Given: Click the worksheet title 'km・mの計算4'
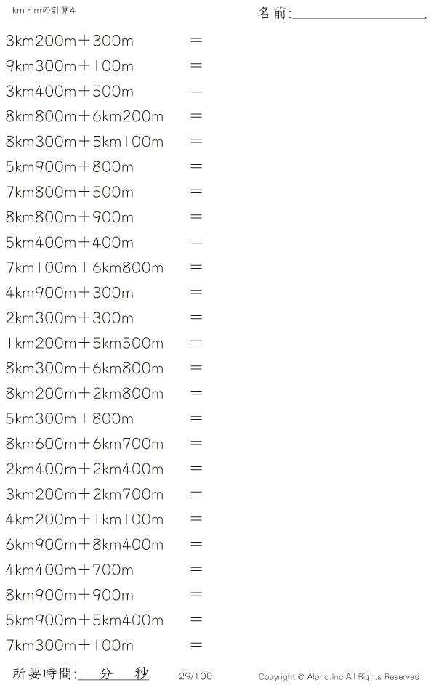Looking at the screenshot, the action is [44, 10].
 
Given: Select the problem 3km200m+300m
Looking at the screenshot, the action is [70, 41].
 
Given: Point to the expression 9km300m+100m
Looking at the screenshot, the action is [70, 66].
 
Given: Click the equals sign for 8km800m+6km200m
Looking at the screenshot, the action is [196, 116].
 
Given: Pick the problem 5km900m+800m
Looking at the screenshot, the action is [70, 167].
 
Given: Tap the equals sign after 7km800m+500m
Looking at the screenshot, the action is [196, 192].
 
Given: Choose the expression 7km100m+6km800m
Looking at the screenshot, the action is [84, 267].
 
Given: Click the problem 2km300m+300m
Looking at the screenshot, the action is [70, 318].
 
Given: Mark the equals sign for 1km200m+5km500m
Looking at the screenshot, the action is [196, 343].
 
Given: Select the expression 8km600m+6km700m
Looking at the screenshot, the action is [84, 444].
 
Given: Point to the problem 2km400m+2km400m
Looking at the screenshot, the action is [84, 469].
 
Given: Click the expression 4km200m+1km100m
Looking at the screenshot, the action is [84, 519].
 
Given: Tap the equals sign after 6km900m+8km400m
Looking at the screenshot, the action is [196, 544].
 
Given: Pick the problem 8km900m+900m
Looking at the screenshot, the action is [70, 595].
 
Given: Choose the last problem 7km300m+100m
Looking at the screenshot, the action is [70, 645].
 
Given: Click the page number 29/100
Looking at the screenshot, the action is [195, 676].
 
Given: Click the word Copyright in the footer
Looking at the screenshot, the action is [277, 677].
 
